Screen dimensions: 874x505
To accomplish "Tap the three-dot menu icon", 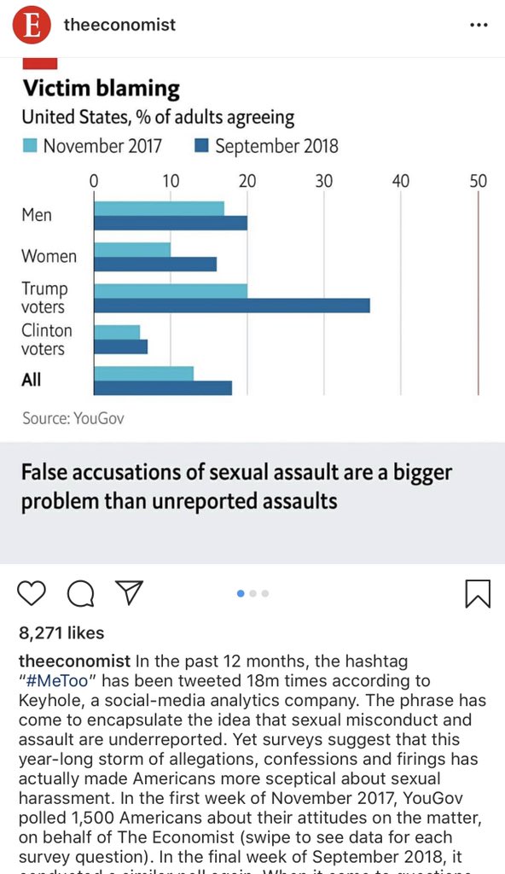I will pos(479,25).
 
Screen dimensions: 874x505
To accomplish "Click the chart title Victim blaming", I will pos(101,88).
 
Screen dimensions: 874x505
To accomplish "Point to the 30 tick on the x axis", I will pos(324,181).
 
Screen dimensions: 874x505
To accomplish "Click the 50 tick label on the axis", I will pos(478,181).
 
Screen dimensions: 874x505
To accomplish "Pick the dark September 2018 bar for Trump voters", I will pos(231,306).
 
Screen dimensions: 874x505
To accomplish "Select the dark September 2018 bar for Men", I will pos(170,223).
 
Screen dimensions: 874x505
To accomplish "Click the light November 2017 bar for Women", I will pos(131,249).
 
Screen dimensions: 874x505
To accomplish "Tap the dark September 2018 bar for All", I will pos(162,387).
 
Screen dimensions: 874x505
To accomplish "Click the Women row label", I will pos(49,256).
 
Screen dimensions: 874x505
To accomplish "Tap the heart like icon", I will pos(32,593).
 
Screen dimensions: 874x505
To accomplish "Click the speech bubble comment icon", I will pos(79,593).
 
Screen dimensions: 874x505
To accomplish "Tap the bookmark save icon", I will pos(478,593).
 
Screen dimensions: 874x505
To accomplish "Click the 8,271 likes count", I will pos(61,632).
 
